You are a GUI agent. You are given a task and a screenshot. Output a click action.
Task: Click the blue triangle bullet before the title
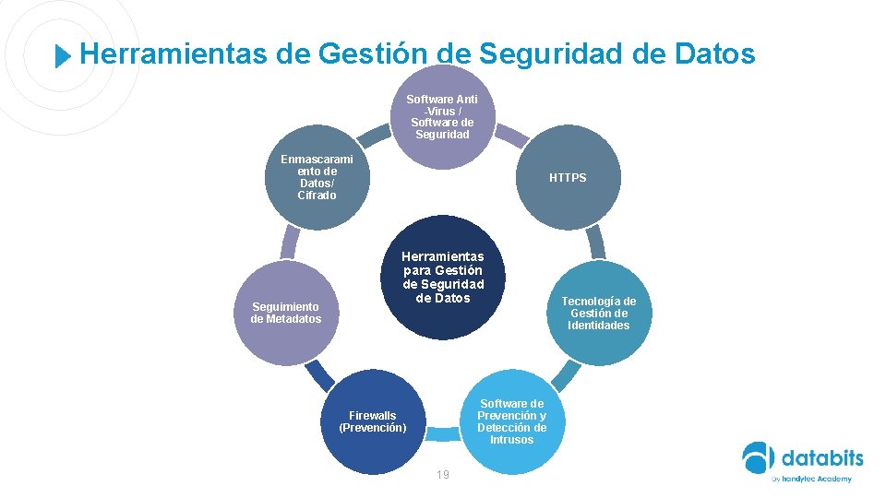tap(62, 56)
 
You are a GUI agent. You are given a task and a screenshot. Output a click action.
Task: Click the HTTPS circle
tap(568, 177)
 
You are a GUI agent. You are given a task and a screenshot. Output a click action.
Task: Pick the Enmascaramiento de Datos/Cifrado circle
tap(317, 177)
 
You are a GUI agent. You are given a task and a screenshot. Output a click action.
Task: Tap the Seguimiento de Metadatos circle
tap(286, 313)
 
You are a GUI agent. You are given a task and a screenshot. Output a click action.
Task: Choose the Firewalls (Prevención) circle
tap(373, 421)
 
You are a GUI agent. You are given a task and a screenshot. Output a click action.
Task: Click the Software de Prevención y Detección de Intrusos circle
tap(511, 421)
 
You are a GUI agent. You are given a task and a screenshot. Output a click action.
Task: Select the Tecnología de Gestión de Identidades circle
tap(599, 313)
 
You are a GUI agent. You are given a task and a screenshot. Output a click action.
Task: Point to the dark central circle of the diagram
tap(443, 277)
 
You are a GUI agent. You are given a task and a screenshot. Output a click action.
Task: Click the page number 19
tap(443, 474)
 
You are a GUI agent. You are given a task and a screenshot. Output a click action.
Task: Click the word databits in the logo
tap(822, 457)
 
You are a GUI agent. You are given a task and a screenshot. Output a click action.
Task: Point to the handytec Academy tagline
tap(812, 479)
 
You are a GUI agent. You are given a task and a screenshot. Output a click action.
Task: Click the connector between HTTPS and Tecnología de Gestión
tap(596, 242)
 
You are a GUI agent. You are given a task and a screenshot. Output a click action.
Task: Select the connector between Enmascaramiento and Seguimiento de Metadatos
tap(290, 242)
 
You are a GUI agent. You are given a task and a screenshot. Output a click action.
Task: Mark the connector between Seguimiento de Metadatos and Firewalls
tap(319, 373)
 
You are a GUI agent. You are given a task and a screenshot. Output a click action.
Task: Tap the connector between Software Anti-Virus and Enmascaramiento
tap(374, 136)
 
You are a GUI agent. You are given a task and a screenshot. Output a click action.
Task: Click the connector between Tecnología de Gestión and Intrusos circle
tap(565, 374)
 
